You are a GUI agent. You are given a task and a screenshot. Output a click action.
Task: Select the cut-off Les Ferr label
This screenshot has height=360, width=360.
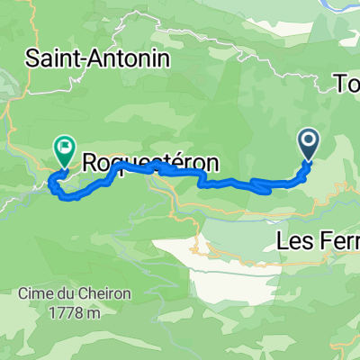[x=317, y=240]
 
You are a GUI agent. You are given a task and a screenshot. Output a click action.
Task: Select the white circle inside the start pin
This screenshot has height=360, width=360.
[x=308, y=139]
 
